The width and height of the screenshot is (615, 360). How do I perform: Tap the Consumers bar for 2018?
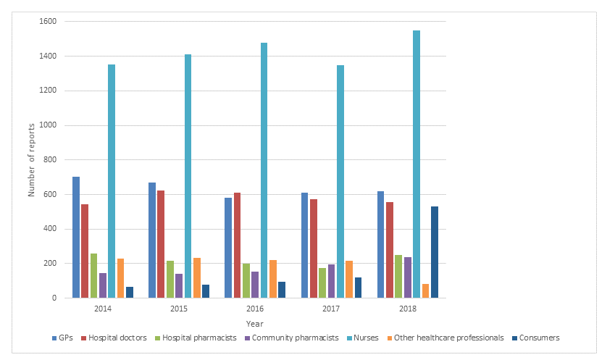435,252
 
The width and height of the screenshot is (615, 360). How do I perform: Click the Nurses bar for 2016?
264,170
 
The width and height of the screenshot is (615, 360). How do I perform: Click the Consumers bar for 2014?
130,292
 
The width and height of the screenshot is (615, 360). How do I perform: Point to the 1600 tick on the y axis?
49,22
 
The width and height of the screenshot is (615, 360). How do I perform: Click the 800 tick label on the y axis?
51,160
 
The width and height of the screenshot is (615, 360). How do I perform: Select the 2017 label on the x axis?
331,308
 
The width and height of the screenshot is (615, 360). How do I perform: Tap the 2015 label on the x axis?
179,308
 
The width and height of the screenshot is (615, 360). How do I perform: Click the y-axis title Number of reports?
31,160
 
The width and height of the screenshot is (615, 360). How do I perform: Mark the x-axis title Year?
255,323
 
